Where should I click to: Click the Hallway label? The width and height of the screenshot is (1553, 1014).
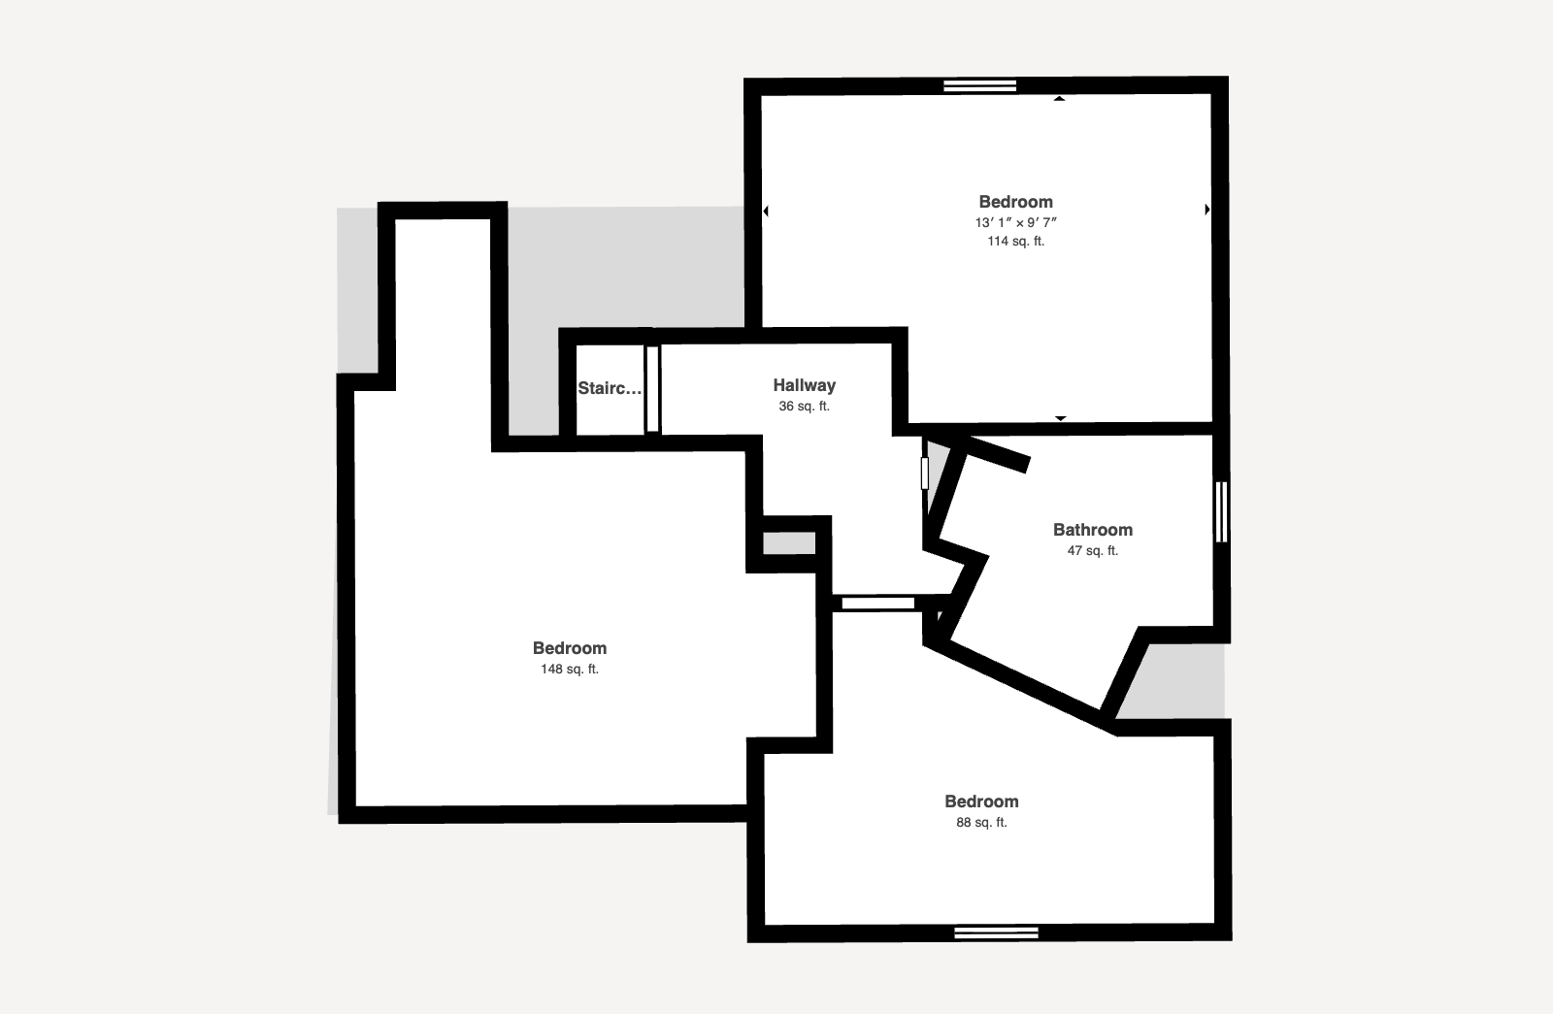pos(805,385)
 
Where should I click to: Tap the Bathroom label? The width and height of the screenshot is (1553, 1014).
pos(1093,530)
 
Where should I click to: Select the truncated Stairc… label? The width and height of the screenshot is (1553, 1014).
pos(610,388)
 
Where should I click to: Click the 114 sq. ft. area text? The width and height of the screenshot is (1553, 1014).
pos(1015,242)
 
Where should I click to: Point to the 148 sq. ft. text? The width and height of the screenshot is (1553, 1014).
pos(569,669)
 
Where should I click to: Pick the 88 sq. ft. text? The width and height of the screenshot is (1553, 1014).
pos(981,822)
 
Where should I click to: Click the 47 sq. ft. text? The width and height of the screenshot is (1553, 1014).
pos(1093,550)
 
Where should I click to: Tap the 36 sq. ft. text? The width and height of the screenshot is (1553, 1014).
pos(805,407)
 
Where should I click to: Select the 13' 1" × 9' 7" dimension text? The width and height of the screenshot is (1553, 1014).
pos(1015,222)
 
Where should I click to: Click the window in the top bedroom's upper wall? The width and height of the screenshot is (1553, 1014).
pos(979,86)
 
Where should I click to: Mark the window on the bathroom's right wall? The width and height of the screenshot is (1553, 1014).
pos(1222,511)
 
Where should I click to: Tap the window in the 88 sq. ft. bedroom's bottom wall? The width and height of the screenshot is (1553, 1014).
pos(996,932)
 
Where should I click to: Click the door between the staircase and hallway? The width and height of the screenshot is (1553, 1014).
pos(652,389)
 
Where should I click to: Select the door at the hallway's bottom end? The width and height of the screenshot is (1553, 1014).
pos(877,604)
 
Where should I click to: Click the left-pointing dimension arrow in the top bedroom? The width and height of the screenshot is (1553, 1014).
pos(766,211)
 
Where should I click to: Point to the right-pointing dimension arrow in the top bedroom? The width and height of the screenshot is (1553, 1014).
pos(1207,209)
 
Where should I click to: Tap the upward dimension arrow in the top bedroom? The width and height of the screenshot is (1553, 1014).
pos(1059,99)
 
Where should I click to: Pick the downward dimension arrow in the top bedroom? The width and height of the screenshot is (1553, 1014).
pos(1060,418)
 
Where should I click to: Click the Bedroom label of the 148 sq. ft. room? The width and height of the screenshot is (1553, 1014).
pos(569,648)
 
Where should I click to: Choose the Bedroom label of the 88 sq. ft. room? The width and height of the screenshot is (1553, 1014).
pos(981,801)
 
